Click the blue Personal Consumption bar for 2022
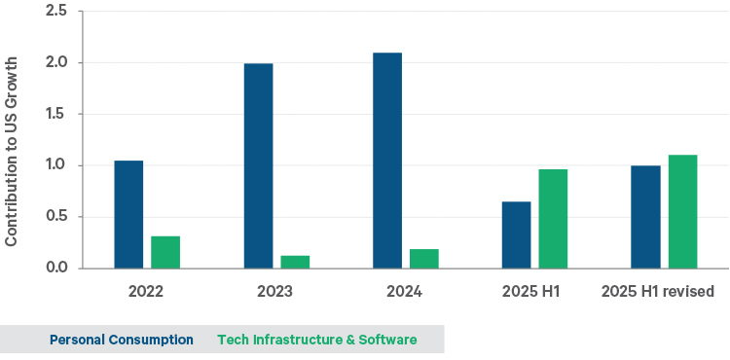pyautogui.click(x=128, y=214)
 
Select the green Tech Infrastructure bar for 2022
pyautogui.click(x=165, y=252)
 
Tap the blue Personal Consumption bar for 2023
pyautogui.click(x=258, y=165)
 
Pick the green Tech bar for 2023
pyautogui.click(x=295, y=262)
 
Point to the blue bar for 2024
pyautogui.click(x=387, y=161)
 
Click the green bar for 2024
pyautogui.click(x=424, y=259)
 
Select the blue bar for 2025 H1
pyautogui.click(x=516, y=234)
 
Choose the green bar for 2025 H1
pyautogui.click(x=553, y=219)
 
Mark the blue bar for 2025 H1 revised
pyautogui.click(x=645, y=217)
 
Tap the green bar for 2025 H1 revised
pyautogui.click(x=682, y=211)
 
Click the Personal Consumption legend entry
pyautogui.click(x=122, y=340)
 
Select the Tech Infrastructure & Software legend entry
pyautogui.click(x=316, y=340)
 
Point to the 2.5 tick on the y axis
pyautogui.click(x=56, y=12)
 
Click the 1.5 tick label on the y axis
pyautogui.click(x=56, y=114)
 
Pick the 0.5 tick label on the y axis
pyautogui.click(x=56, y=217)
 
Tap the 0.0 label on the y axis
pyautogui.click(x=56, y=269)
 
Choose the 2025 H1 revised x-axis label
pyautogui.click(x=658, y=291)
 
